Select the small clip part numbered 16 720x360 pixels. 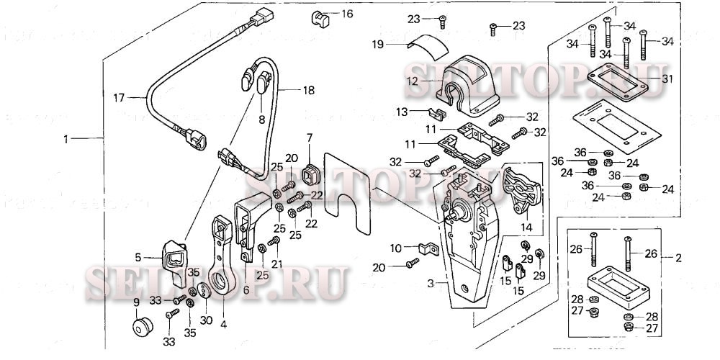(319, 16)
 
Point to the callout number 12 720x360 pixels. (412, 81)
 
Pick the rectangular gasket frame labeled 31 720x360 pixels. (620, 80)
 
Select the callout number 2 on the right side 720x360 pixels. (677, 257)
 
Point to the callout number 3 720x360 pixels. (431, 284)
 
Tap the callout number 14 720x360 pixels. (527, 228)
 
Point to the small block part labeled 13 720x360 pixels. (434, 114)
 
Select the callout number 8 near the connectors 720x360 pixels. (261, 120)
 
